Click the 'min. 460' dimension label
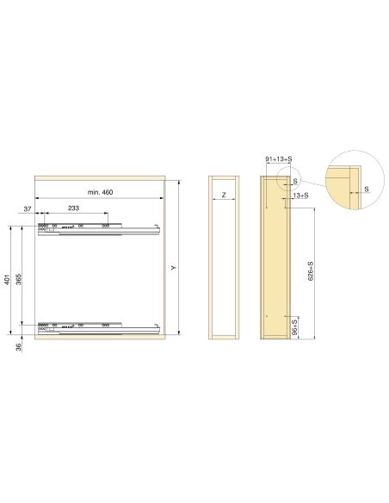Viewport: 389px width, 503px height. click(x=101, y=191)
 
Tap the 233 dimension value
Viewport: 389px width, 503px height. click(x=75, y=208)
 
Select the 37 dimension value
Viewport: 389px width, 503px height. click(x=28, y=208)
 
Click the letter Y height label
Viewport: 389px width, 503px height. click(x=173, y=267)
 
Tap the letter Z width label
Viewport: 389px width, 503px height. click(x=224, y=196)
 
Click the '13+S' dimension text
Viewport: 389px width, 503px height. click(x=300, y=196)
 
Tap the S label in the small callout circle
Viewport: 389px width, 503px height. click(x=293, y=182)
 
